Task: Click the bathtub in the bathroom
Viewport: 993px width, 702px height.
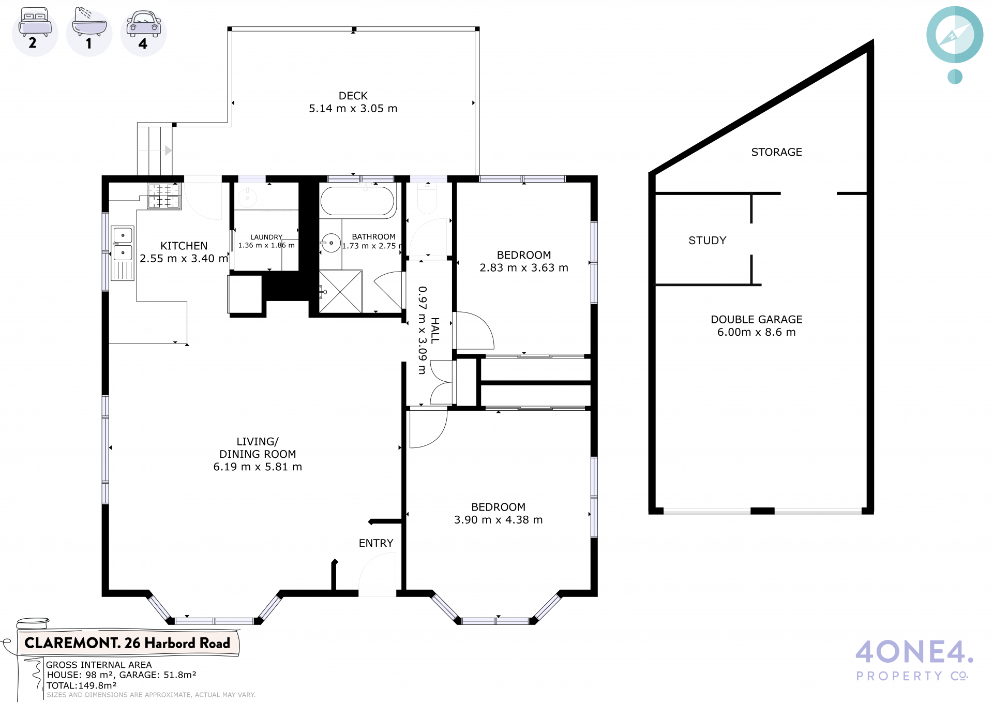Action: [357, 201]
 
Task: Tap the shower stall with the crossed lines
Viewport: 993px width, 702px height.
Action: [340, 291]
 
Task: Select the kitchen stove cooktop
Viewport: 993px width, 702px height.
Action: [164, 196]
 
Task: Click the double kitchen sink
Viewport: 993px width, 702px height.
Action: [123, 244]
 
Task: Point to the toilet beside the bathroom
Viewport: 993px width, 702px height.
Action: [427, 199]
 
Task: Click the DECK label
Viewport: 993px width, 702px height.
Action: [353, 96]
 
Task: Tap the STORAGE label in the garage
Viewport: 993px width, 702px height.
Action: [776, 152]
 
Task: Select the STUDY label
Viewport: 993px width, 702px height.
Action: [708, 241]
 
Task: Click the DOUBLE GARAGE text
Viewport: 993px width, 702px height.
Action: [757, 320]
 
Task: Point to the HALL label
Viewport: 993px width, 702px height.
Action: [435, 331]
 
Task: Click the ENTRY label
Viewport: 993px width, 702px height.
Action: [376, 543]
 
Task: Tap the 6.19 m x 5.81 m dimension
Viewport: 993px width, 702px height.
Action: [258, 467]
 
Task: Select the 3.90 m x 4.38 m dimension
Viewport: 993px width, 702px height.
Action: [499, 520]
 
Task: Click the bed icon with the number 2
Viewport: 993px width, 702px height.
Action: [35, 31]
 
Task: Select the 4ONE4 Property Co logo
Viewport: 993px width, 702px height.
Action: [914, 660]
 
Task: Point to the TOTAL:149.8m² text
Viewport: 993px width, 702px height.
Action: [82, 685]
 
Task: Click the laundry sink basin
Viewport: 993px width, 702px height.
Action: [247, 198]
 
